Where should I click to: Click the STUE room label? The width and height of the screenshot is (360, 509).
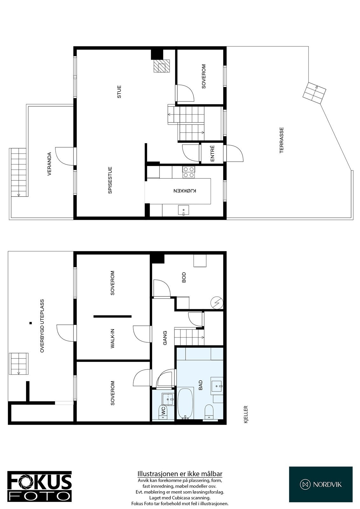[119, 91]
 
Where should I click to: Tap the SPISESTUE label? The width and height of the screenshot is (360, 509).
[110, 180]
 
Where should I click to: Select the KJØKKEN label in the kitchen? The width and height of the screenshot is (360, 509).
[185, 191]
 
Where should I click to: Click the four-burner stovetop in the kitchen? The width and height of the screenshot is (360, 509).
[188, 172]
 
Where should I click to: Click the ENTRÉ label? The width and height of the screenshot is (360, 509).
[212, 153]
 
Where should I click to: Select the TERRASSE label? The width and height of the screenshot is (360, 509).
[281, 140]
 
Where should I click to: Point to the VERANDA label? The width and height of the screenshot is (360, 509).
[49, 164]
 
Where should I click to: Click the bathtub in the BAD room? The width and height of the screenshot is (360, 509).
[185, 403]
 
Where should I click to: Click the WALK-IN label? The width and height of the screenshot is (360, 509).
[113, 339]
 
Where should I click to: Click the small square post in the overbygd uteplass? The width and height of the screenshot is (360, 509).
[31, 323]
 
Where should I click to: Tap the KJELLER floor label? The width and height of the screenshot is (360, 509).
[245, 414]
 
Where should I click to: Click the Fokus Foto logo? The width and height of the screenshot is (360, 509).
[39, 486]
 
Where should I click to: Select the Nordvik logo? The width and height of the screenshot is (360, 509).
[321, 484]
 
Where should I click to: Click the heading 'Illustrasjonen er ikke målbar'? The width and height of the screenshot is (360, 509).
[180, 474]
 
